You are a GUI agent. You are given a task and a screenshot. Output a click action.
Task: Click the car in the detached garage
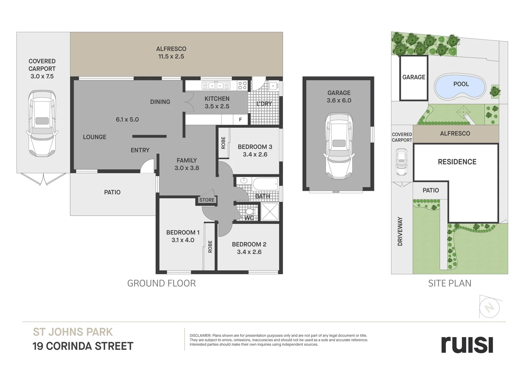click(339, 146)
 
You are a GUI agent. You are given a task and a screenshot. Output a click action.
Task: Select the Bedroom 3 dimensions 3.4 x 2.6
click(255, 154)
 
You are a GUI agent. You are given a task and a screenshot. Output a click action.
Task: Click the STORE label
click(207, 200)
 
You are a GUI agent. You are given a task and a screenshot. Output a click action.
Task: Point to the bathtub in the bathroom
click(265, 184)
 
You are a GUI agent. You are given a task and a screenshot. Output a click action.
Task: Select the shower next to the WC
click(270, 212)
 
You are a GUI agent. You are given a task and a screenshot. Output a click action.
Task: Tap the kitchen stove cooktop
click(242, 85)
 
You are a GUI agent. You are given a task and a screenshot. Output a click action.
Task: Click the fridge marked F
click(241, 120)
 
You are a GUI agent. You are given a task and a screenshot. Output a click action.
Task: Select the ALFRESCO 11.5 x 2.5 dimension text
click(171, 57)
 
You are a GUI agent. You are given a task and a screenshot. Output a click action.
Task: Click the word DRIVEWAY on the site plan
click(400, 231)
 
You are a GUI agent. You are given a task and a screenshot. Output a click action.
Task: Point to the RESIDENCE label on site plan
click(457, 162)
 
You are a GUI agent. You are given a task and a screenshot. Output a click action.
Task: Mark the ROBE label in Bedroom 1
click(210, 247)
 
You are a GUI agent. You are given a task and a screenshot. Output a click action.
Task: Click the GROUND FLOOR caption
click(161, 283)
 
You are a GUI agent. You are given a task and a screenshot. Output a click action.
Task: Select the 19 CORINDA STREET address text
click(83, 346)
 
